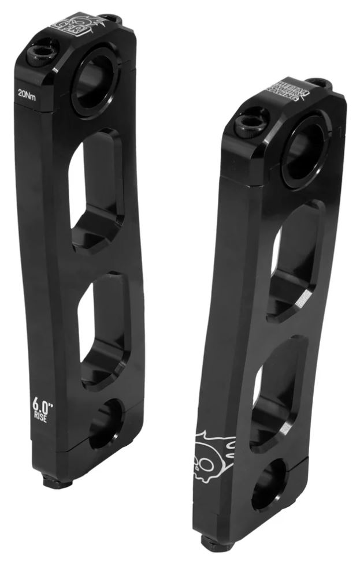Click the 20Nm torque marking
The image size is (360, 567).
coord(27,96)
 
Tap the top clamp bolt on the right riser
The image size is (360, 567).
coord(251,121)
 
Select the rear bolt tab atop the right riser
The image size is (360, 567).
coord(319,83)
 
